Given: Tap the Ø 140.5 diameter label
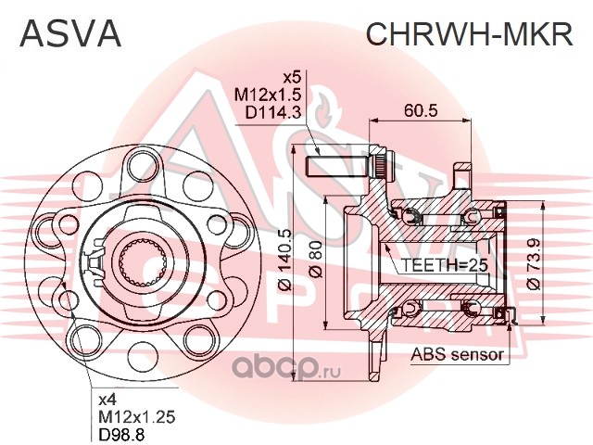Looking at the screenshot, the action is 286,260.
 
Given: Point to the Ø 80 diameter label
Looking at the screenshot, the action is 316,260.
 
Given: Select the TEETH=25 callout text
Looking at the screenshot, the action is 444,265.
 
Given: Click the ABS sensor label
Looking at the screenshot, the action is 457,354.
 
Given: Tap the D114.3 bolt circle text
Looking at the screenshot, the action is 272,112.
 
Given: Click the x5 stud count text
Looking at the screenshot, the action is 292,78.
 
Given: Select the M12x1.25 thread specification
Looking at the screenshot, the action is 137,417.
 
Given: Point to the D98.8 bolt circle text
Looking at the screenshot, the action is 121,435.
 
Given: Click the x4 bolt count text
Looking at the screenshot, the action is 107,400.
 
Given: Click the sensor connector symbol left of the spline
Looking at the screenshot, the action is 95,261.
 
